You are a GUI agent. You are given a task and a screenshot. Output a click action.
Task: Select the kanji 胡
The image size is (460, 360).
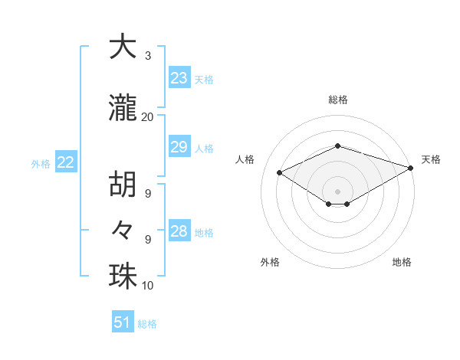(x=123, y=186)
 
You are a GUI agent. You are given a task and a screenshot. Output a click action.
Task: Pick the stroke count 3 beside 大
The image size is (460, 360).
(x=148, y=56)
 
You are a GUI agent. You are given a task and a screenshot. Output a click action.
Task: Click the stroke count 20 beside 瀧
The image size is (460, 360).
(x=148, y=116)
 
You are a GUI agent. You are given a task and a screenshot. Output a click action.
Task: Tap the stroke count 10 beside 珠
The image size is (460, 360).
(x=148, y=286)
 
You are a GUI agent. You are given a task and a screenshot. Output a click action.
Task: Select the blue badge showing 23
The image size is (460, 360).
(x=179, y=77)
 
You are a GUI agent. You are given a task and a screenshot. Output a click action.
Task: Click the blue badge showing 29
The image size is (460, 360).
(x=179, y=147)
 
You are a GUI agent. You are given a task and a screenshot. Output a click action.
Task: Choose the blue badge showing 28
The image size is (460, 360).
(x=179, y=231)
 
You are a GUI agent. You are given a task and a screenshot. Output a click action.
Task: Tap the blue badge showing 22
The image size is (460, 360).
(x=65, y=162)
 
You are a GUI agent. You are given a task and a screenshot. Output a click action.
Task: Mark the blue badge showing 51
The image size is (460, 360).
(x=123, y=322)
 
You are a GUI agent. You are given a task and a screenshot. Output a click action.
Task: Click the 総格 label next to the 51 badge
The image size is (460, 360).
(x=148, y=324)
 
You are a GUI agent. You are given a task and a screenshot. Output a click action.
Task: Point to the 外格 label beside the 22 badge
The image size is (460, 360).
(x=41, y=163)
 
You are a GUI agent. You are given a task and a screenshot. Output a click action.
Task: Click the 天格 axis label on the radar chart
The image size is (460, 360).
(x=431, y=159)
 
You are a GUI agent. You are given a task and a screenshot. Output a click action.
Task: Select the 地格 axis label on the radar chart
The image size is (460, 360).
(x=402, y=262)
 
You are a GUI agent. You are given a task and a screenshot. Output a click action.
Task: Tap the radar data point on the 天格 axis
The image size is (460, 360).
(x=412, y=168)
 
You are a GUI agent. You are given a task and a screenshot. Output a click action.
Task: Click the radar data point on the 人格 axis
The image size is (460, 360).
(x=280, y=173)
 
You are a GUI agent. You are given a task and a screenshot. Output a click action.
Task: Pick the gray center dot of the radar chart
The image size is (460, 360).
(x=337, y=190)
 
